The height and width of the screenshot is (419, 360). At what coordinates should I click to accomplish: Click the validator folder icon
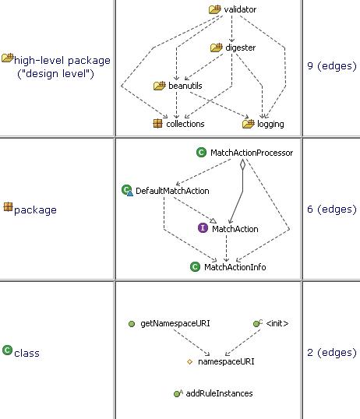[x=215, y=9]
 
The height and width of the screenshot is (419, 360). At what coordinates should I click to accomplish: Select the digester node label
[x=241, y=48]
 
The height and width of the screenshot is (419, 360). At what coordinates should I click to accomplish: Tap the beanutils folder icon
[x=160, y=86]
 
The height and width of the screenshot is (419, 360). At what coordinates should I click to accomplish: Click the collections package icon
[x=158, y=124]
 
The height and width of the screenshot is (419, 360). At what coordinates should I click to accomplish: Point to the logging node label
[x=270, y=124]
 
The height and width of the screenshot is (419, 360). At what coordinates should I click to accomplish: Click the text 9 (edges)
[x=332, y=65]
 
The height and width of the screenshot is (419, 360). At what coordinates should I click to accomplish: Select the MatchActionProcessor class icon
[x=201, y=153]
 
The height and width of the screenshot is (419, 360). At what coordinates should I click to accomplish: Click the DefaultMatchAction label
[x=172, y=191]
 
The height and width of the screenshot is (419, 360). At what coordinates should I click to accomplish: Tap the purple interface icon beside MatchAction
[x=203, y=228]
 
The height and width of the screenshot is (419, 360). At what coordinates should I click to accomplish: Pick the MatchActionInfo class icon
[x=196, y=266]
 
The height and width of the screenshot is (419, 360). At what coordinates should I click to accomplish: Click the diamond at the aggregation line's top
[x=242, y=164]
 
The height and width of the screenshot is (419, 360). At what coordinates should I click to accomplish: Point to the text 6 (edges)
[x=332, y=209]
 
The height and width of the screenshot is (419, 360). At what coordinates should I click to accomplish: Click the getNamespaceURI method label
[x=175, y=323]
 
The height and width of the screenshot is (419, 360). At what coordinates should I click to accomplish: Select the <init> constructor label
[x=277, y=323]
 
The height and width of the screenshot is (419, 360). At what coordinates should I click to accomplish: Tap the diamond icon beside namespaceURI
[x=189, y=362]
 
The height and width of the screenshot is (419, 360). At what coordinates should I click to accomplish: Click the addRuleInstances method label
[x=219, y=393]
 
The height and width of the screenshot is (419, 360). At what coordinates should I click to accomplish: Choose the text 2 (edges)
[x=332, y=352]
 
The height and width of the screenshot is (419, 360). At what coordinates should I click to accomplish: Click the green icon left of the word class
[x=8, y=350]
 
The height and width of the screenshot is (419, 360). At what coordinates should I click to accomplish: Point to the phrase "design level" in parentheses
[x=55, y=73]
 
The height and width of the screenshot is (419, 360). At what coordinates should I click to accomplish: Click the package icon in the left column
[x=8, y=207]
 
